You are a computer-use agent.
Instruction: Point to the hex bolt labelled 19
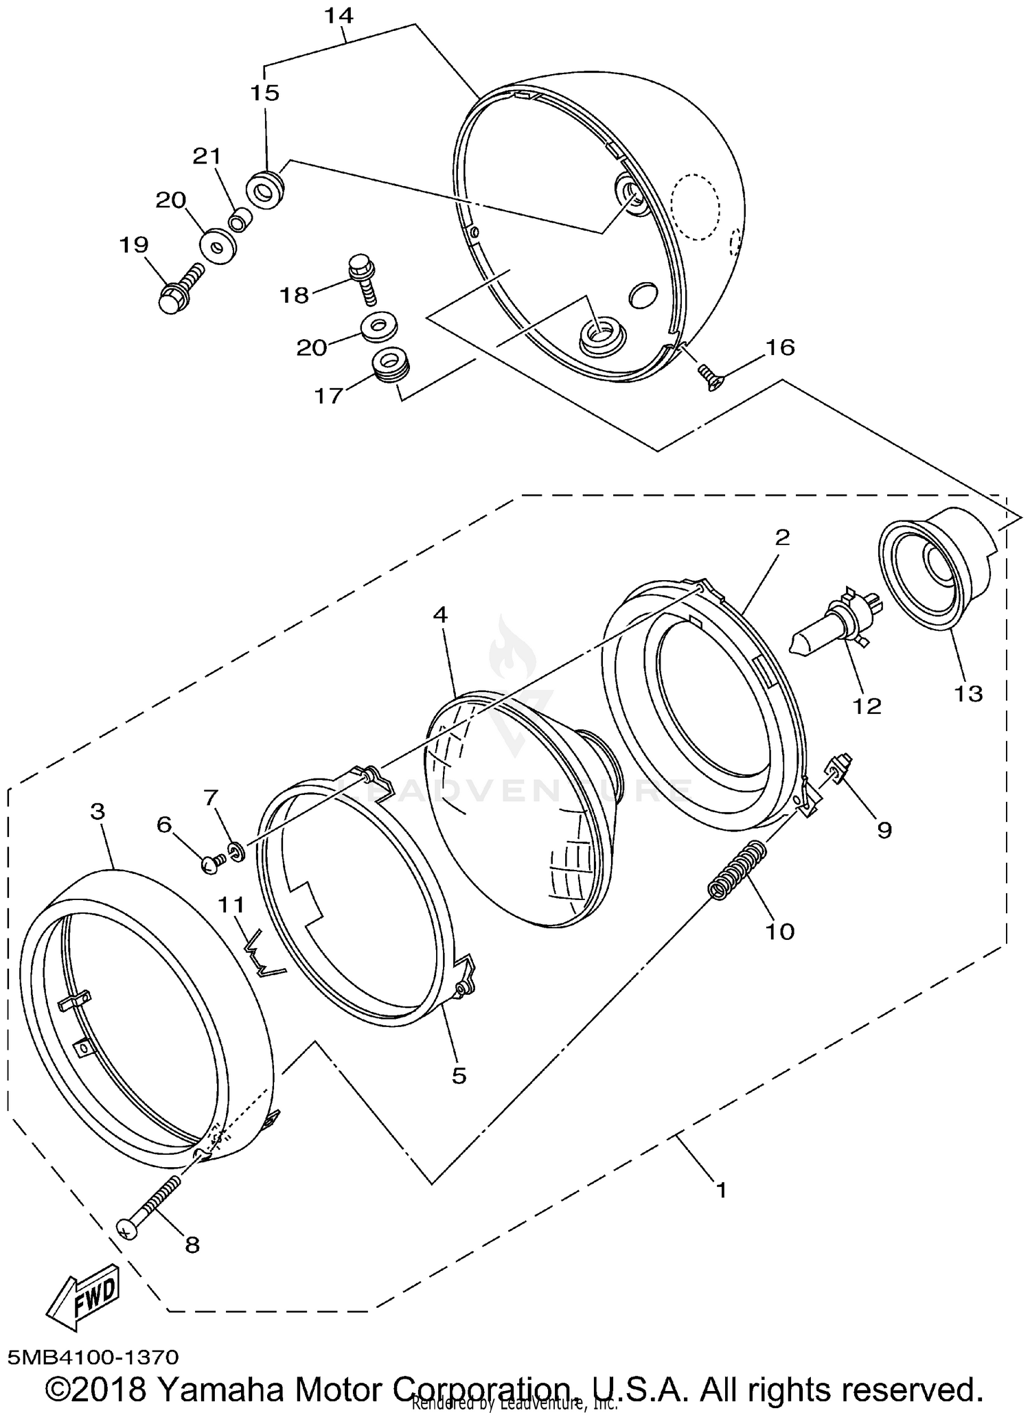(180, 289)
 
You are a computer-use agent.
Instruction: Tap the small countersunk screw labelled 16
(708, 376)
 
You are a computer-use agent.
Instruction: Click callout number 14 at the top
(339, 15)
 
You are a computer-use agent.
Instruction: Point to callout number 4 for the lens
(440, 614)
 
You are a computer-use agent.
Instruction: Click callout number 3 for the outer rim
(98, 811)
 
